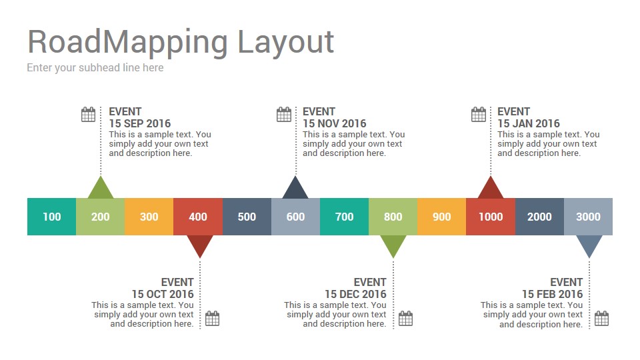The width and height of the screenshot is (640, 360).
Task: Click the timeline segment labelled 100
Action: tap(51, 217)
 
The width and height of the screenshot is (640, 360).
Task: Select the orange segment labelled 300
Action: tap(149, 217)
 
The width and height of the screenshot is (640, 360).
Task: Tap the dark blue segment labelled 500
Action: tap(247, 217)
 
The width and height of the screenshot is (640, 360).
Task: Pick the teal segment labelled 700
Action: tap(344, 217)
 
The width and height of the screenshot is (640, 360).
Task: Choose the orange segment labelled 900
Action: tap(441, 217)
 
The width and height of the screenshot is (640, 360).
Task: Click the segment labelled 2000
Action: tap(539, 217)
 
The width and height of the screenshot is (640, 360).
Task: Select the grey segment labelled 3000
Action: tap(588, 217)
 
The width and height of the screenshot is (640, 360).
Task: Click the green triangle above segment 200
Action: tap(100, 189)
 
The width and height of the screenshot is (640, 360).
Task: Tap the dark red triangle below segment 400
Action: tap(199, 245)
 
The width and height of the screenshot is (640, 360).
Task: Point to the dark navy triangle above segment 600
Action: tap(295, 189)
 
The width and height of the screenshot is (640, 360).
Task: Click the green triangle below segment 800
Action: tap(393, 245)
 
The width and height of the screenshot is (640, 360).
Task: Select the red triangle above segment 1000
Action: tap(491, 189)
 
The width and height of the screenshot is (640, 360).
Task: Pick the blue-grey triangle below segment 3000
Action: tap(589, 245)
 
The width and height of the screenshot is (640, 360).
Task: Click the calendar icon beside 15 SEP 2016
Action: tap(88, 115)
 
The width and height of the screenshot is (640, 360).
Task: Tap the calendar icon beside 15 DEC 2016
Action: tap(405, 319)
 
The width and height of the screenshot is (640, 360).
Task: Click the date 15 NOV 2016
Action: tap(334, 123)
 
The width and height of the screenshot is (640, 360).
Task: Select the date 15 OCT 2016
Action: tap(163, 294)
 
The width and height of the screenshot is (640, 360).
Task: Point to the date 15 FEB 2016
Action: tap(552, 294)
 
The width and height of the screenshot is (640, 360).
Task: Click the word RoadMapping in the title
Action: tap(128, 41)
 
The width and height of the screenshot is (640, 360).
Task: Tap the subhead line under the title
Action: tap(95, 67)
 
